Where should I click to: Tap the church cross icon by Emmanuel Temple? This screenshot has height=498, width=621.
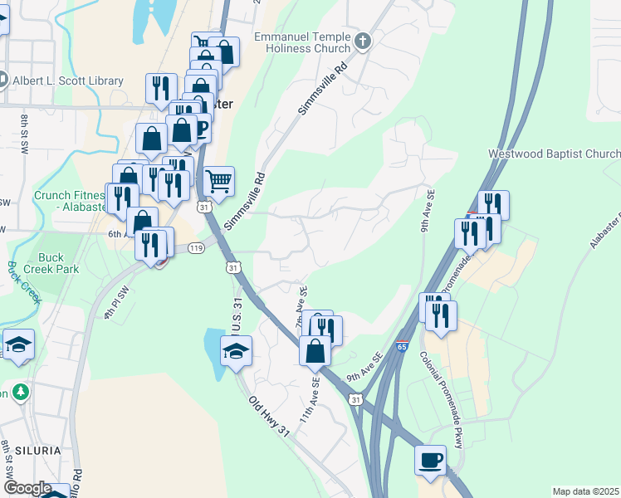coord(362,41)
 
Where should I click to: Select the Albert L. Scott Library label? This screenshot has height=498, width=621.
coord(68,81)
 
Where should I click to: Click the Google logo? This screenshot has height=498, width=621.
coord(27,488)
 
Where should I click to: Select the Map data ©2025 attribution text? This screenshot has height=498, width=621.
coord(585,491)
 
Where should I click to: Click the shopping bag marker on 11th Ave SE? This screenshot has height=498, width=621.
coord(315,351)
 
